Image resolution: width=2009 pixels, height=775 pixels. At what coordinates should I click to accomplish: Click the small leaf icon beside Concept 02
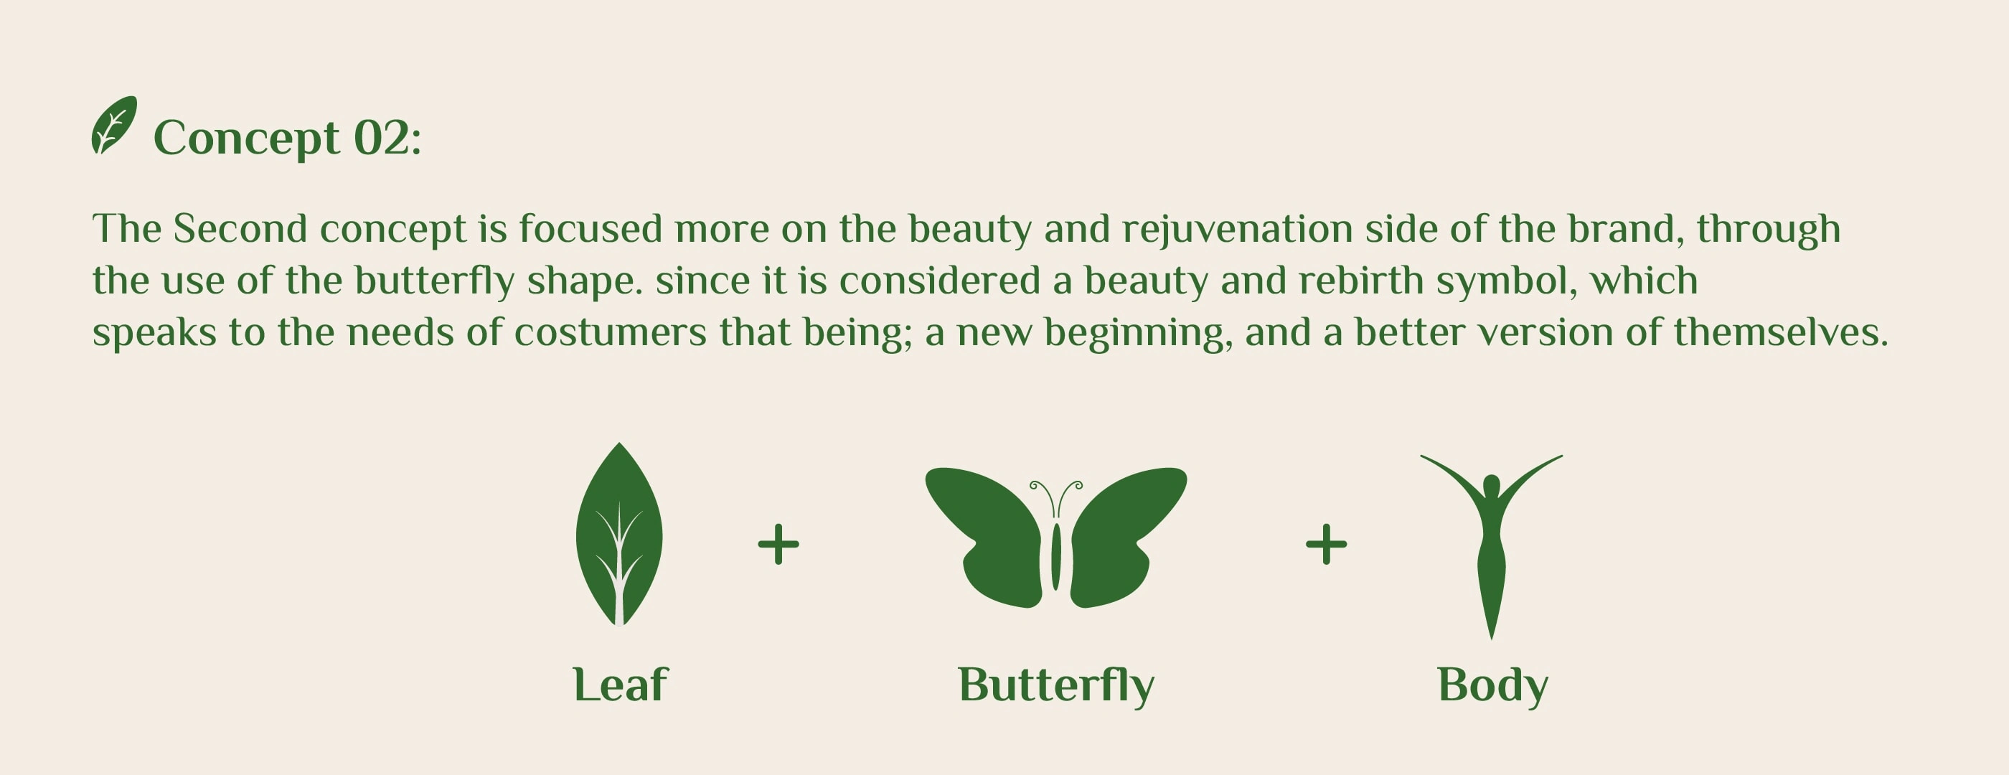point(114,125)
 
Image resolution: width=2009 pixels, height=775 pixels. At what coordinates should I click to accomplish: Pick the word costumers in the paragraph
point(610,333)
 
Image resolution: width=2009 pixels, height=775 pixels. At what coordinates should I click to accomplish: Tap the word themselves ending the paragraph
point(1781,332)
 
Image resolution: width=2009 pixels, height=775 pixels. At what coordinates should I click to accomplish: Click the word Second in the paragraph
point(240,229)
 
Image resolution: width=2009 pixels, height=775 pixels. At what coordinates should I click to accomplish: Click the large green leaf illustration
point(619,535)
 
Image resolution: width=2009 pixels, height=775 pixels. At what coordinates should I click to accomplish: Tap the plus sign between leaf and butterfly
point(778,544)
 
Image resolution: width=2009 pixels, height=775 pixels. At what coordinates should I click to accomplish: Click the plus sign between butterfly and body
point(1326,544)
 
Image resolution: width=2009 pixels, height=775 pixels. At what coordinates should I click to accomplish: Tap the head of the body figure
point(1491,486)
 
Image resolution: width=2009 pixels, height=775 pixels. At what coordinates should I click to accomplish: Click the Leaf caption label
point(620,685)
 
